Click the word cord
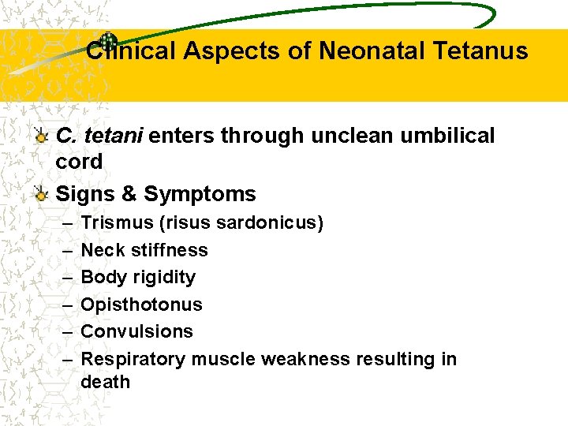click(79, 162)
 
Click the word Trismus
click(118, 223)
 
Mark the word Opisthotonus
click(141, 305)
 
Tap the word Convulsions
click(136, 331)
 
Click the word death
click(105, 382)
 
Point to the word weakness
click(305, 359)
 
